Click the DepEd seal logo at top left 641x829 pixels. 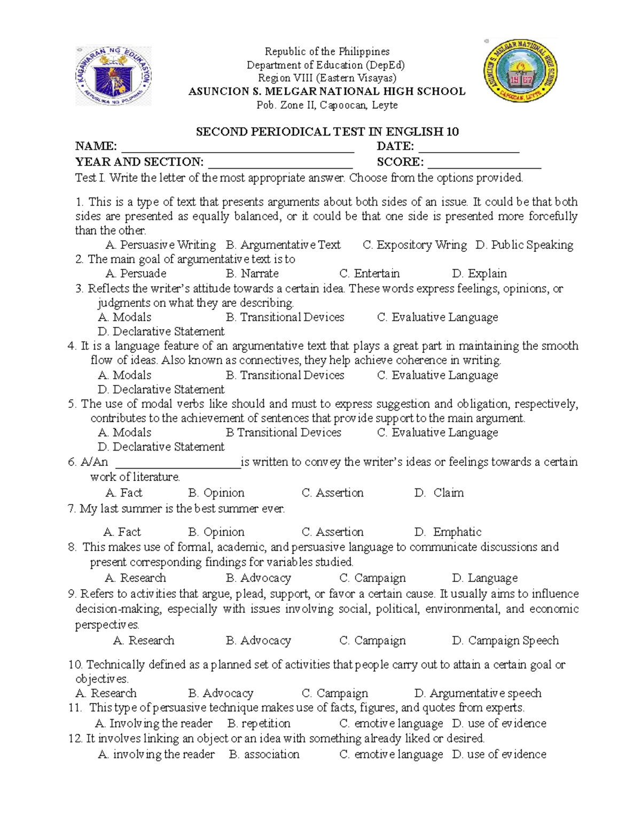[x=113, y=76]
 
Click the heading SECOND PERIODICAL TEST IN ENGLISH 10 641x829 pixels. [x=327, y=132]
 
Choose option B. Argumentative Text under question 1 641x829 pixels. [x=283, y=245]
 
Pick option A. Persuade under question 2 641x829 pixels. [x=136, y=274]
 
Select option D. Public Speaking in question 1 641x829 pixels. [x=524, y=245]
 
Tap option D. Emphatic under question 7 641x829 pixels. [x=448, y=532]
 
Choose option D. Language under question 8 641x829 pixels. [x=484, y=578]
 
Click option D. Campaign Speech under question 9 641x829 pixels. [x=505, y=641]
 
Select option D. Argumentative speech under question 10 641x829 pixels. [x=478, y=693]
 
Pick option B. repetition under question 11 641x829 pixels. [x=259, y=724]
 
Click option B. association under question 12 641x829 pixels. [x=264, y=755]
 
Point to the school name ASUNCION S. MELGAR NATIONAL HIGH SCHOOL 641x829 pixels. [x=327, y=91]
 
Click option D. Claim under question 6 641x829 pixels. [x=439, y=493]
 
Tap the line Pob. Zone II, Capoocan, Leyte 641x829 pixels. [x=327, y=105]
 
